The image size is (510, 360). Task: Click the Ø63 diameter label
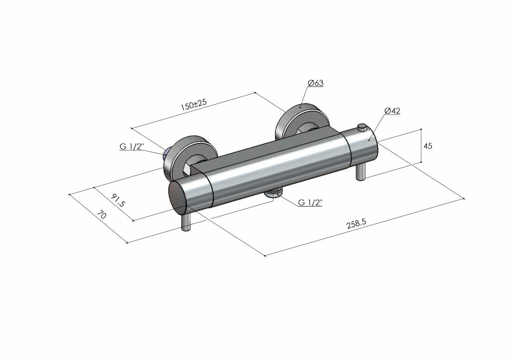click(315, 83)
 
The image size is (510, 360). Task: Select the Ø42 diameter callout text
click(392, 111)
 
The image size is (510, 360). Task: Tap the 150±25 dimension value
click(194, 105)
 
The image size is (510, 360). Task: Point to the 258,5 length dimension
click(357, 224)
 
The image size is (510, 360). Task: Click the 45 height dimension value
click(428, 146)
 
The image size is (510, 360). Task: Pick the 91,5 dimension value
click(118, 200)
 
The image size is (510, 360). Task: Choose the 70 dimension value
click(102, 215)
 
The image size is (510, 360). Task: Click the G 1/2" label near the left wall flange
click(131, 147)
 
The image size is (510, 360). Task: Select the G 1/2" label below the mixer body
click(310, 203)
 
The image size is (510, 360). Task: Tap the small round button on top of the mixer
click(362, 126)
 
